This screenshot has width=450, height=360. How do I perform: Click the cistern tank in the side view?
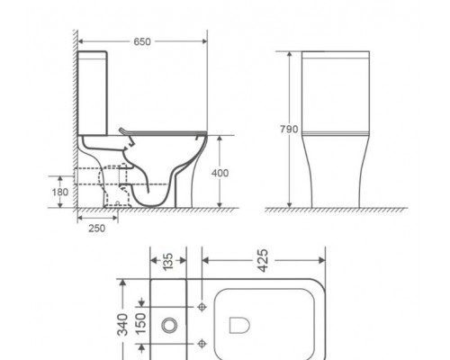93,95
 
